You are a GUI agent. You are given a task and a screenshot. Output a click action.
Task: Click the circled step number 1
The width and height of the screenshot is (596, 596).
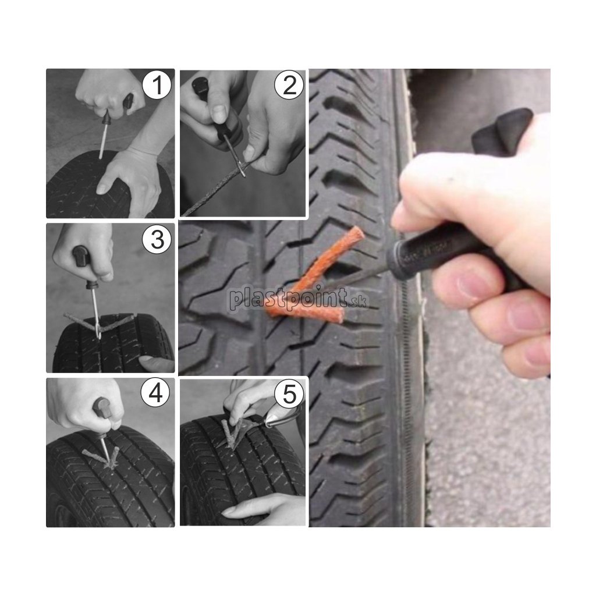[x=157, y=85]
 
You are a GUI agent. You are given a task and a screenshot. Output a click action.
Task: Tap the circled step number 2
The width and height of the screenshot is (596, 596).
[x=289, y=85]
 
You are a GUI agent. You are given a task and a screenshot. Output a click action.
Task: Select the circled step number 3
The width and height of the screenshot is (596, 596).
[x=157, y=239]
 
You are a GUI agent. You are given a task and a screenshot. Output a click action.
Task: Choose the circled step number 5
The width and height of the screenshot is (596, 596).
[x=289, y=393]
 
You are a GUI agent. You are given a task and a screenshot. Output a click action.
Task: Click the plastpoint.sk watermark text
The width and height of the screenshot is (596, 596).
[x=298, y=299]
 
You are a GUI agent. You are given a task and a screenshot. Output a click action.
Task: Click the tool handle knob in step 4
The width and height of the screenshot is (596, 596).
[x=101, y=407]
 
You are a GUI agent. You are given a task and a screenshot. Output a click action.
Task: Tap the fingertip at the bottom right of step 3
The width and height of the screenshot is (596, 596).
[x=157, y=364]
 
